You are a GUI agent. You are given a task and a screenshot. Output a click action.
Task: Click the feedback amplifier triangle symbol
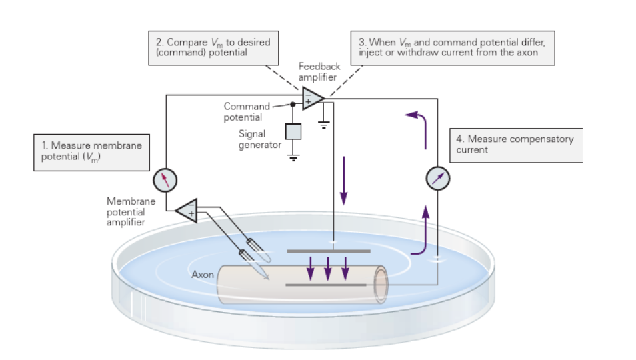tap(311, 99)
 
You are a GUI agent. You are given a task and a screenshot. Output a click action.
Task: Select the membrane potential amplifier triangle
tap(187, 210)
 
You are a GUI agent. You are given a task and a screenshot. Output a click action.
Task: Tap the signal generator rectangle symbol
tap(293, 131)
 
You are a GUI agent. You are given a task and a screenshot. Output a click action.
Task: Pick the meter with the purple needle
tap(438, 178)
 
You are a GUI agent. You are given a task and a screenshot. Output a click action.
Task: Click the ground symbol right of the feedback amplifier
tap(325, 124)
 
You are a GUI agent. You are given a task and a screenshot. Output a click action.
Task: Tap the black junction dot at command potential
tap(293, 104)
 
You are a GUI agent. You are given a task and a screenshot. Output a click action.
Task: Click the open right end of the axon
tap(381, 284)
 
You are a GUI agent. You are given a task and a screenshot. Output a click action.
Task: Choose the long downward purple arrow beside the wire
tap(344, 180)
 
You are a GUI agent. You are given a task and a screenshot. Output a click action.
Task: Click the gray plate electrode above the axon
tap(328, 251)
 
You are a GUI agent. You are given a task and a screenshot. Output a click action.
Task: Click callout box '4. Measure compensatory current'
tap(515, 145)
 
